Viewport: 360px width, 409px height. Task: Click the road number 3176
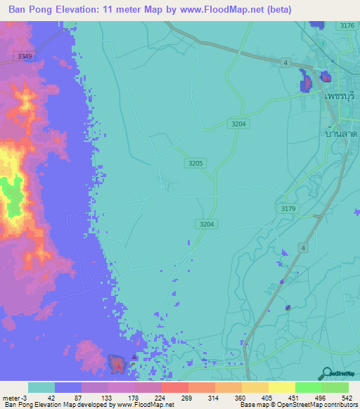point(347,26)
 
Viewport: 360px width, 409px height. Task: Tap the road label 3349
point(25,56)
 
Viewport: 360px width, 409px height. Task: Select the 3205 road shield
point(195,163)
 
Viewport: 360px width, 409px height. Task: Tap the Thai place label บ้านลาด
point(340,133)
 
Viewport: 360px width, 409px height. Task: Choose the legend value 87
point(68,397)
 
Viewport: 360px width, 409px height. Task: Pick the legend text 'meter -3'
point(15,397)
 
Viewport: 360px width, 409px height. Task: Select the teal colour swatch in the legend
point(41,387)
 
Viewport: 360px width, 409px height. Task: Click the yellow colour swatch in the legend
point(282,387)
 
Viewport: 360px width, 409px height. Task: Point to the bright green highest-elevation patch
point(12,197)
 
